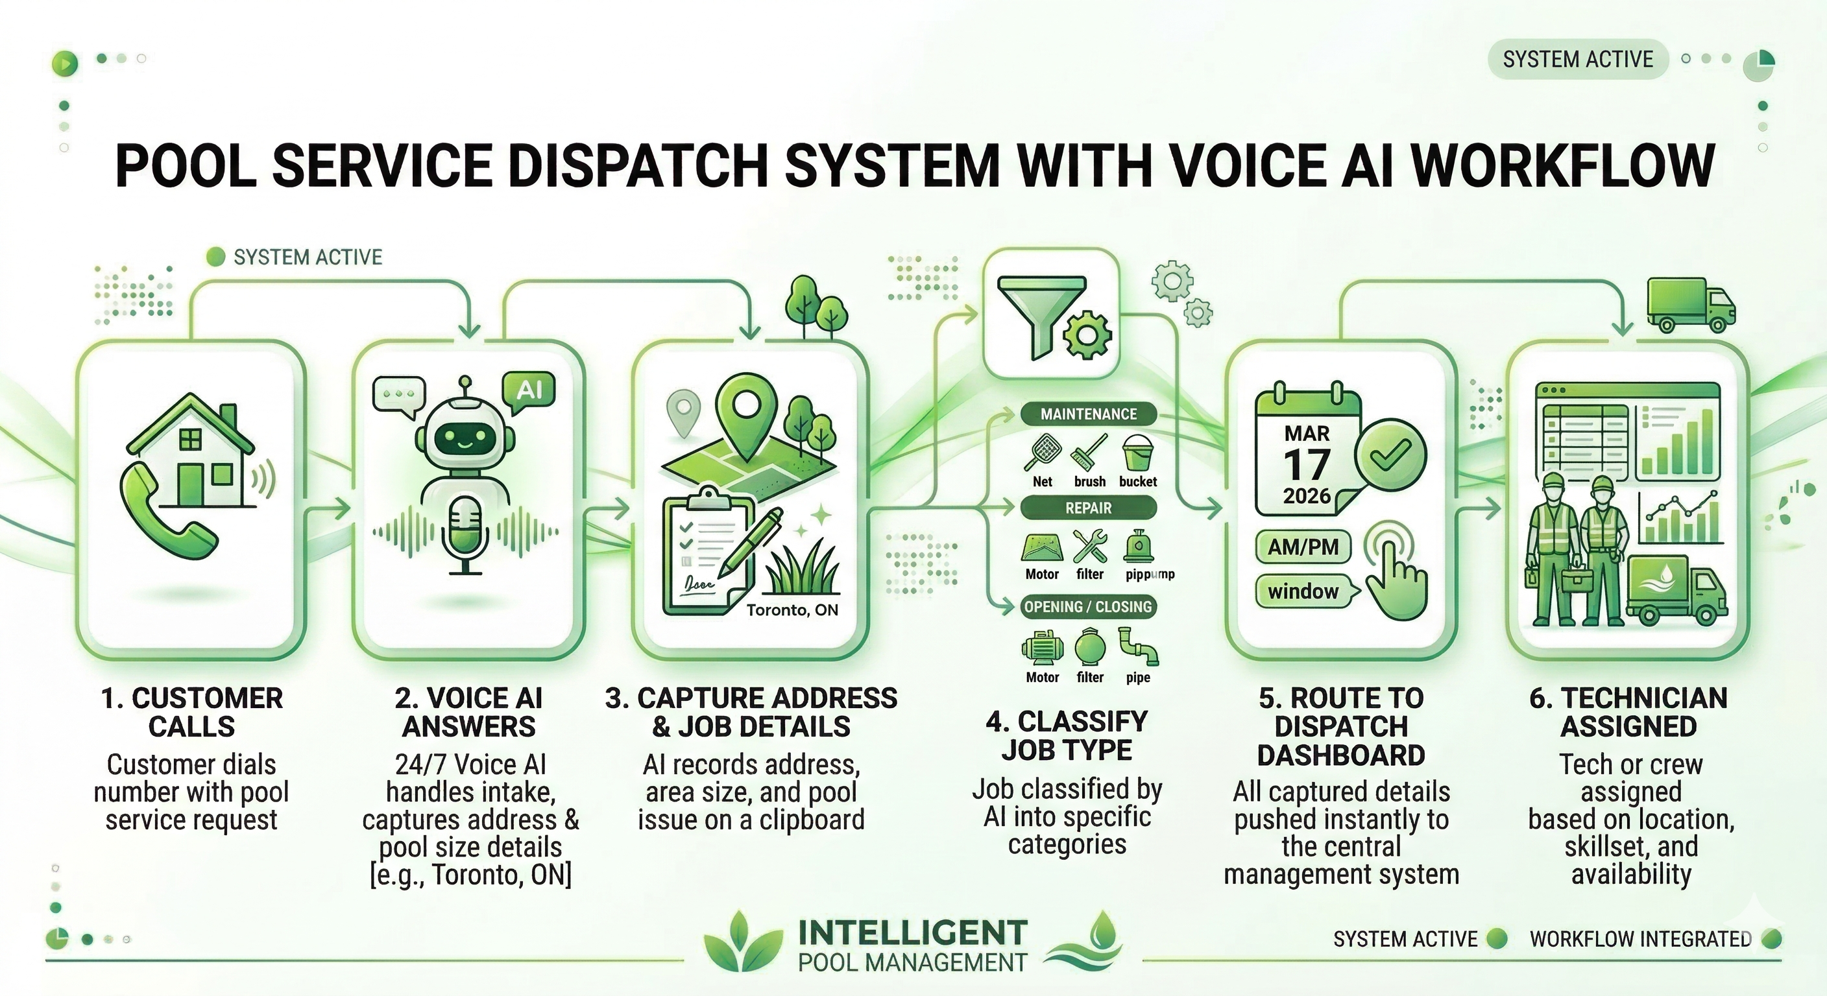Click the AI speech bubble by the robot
(x=528, y=389)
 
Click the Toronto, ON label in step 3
(x=792, y=610)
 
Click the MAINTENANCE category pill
(x=1088, y=414)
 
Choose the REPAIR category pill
(x=1088, y=508)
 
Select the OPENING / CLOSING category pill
(x=1088, y=607)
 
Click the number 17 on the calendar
(x=1307, y=465)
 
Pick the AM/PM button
(x=1303, y=547)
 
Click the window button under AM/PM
(x=1303, y=591)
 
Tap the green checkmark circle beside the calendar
(x=1390, y=455)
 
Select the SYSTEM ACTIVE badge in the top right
(x=1577, y=59)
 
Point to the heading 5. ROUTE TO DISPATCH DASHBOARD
(x=1341, y=727)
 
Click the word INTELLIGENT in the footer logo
(x=913, y=933)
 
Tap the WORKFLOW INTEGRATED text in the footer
(x=1640, y=940)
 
